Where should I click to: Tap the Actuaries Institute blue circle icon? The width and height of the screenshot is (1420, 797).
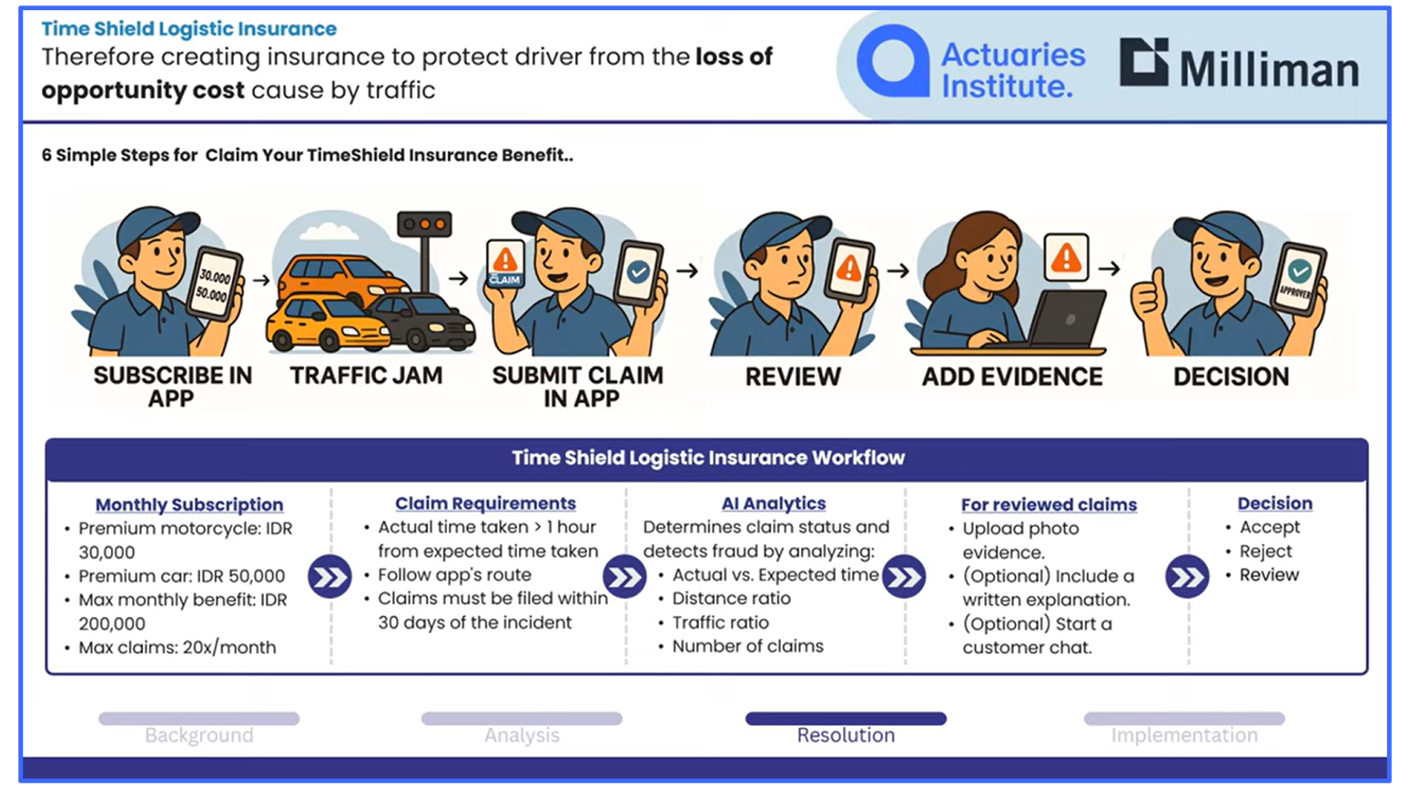point(892,61)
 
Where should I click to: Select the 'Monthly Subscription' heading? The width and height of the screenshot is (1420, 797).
point(189,504)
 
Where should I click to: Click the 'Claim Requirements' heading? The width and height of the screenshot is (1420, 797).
point(485,503)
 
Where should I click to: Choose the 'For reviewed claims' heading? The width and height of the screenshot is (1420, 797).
point(1049,504)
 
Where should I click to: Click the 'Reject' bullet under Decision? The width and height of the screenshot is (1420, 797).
point(1265,551)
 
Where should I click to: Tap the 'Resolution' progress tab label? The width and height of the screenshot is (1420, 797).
point(846,735)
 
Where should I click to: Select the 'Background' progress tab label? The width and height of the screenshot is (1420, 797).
point(199,735)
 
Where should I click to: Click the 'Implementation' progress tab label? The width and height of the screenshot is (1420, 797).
point(1184,735)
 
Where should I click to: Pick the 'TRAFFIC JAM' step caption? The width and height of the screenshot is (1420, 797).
point(366,376)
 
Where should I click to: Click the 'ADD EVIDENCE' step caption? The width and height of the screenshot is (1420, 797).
point(1012,377)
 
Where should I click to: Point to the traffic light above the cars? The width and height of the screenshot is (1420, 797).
point(424,224)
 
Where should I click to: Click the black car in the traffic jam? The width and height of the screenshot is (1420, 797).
point(423,322)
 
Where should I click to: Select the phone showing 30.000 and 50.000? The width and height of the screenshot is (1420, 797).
point(215,285)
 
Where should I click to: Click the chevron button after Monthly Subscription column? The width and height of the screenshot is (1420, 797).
point(330,577)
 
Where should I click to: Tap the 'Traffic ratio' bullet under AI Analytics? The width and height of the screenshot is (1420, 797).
point(720,622)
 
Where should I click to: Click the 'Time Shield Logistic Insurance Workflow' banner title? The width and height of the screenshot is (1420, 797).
point(707,458)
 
